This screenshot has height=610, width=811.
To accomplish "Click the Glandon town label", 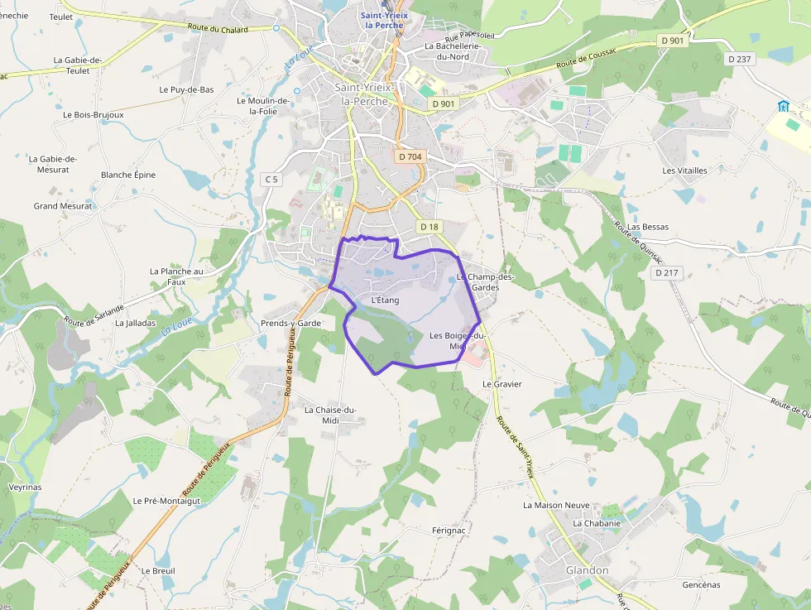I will [x=587, y=570].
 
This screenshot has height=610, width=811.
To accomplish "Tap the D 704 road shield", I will [x=410, y=156].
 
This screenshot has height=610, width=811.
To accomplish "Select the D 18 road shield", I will [x=429, y=227].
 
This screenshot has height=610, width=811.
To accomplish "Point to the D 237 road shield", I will [x=741, y=59].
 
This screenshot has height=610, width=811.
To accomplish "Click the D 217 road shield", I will [x=665, y=272].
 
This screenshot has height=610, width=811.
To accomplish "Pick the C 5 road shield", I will [x=271, y=180].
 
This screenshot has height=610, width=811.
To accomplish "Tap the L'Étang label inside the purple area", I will [x=386, y=300].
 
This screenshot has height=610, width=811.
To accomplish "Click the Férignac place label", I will [x=450, y=530].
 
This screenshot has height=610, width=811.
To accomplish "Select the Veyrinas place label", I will [x=25, y=488].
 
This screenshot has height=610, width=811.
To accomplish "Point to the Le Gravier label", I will [x=502, y=384].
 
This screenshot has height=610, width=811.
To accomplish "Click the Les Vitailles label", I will [x=684, y=171].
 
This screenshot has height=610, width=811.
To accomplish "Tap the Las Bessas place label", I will [x=648, y=227].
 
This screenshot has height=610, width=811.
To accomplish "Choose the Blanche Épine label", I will [x=128, y=175].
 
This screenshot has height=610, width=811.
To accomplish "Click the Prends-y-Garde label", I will [x=290, y=323].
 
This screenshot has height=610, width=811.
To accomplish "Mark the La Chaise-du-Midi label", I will [x=330, y=415].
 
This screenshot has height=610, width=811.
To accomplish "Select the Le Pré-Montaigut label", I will [x=166, y=501].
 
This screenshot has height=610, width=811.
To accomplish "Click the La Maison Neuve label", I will [x=556, y=505].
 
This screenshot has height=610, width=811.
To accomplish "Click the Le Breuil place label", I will [x=158, y=570].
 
